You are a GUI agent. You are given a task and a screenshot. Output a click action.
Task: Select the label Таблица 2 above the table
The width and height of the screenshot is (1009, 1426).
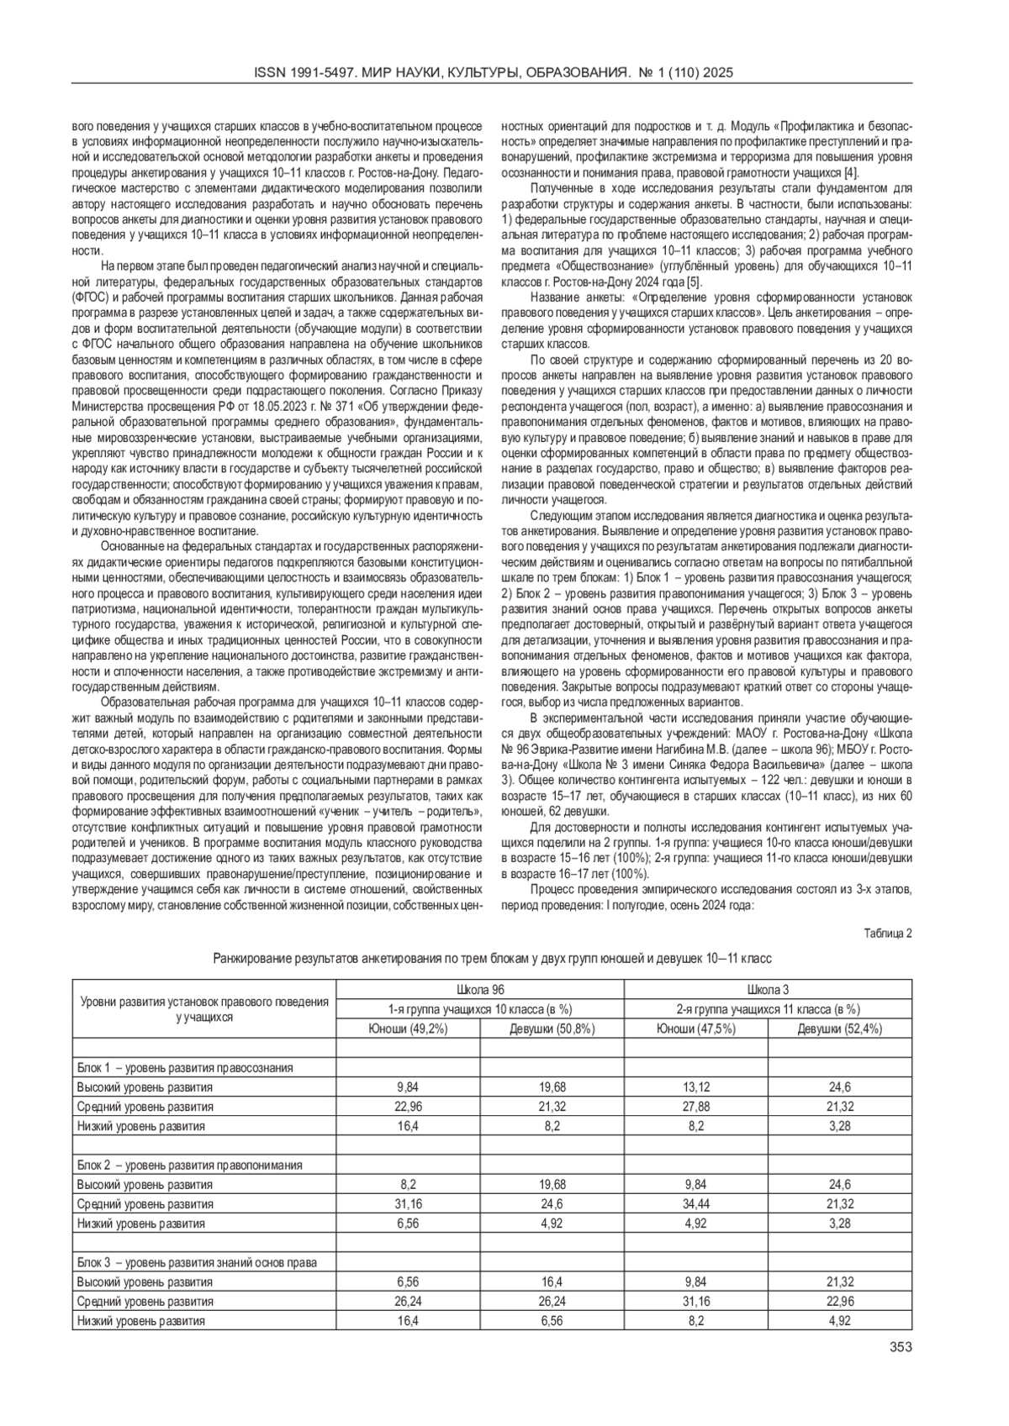tap(888, 933)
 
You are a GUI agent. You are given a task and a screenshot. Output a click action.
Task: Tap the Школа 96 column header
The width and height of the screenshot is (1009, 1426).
tap(479, 989)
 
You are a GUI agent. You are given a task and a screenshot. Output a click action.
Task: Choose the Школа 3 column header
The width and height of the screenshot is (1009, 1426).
tap(768, 989)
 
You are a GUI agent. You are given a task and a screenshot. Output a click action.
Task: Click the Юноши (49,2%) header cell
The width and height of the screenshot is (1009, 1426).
tap(408, 1029)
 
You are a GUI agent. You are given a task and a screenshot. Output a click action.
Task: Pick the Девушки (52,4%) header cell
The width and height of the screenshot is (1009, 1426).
tap(839, 1029)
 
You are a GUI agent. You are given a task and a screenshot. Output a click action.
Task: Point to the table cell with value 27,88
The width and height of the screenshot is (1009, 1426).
tap(696, 1106)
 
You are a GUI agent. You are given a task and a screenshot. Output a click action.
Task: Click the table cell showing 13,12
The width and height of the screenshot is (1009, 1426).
tap(696, 1087)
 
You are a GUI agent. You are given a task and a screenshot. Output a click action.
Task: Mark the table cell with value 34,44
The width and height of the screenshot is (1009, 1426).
tap(696, 1203)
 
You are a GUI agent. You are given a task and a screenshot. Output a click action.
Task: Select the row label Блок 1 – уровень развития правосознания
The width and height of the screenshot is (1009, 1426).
tap(185, 1067)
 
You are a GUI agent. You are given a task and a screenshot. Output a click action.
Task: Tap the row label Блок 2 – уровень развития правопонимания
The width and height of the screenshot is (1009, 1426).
tap(189, 1165)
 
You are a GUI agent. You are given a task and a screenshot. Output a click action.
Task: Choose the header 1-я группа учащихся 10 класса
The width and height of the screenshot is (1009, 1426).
tap(479, 1009)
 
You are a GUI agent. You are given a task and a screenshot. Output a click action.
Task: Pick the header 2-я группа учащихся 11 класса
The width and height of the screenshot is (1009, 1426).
tap(768, 1009)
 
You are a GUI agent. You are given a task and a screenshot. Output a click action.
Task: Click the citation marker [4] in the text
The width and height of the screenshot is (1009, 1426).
tap(851, 173)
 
